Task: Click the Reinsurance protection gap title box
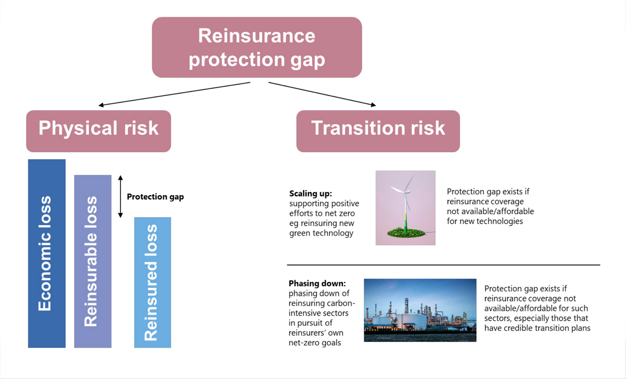[257, 47]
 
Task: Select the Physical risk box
[99, 131]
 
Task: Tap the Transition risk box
[378, 131]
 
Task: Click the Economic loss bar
[46, 253]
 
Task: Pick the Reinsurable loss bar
[92, 261]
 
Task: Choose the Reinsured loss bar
[152, 282]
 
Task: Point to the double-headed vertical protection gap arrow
[121, 196]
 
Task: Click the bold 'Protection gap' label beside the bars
[155, 197]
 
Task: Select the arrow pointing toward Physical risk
[174, 94]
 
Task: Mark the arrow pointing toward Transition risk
[322, 94]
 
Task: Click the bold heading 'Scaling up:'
[310, 194]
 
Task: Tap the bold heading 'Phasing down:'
[317, 283]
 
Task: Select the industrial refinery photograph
[420, 310]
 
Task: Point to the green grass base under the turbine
[406, 232]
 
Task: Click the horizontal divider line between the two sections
[443, 265]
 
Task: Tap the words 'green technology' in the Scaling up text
[321, 233]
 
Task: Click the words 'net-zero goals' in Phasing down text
[315, 343]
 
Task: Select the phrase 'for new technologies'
[485, 221]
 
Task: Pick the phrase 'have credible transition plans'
[537, 328]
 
